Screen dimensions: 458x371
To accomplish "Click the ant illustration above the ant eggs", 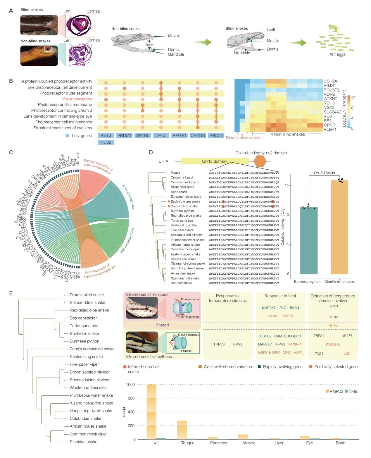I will pos(334,28).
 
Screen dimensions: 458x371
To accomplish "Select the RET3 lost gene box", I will pos(106,136).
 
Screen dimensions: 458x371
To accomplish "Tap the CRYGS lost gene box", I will pos(198,136).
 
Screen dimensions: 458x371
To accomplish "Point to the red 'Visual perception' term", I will pos(77,99).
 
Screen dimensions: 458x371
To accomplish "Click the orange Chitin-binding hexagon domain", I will pos(260,161).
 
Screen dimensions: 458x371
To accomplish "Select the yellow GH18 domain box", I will pos(215,161).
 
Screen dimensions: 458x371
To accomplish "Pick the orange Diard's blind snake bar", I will pos(339,227).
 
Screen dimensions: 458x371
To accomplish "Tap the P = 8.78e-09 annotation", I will pos(324,173).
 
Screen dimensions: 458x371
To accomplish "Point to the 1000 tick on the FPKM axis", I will pos(130,385).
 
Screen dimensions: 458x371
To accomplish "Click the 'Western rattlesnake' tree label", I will pos(87,388).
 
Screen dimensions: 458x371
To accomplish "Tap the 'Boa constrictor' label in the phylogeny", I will pos(83,318).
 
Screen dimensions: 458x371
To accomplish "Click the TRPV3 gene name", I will pos(219,344).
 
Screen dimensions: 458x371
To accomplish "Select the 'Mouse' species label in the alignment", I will pos(175,173).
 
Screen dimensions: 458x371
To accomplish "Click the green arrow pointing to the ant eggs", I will pos(297,43).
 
